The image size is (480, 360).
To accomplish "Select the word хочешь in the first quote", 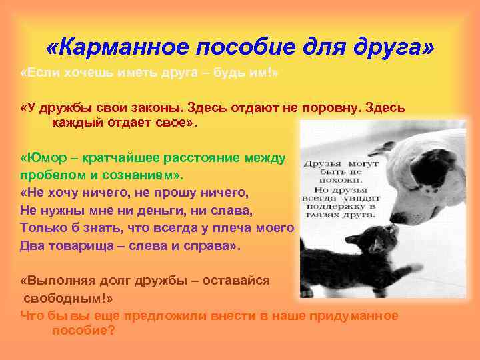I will coord(85,73).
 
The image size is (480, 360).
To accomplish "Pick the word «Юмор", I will coord(43,159).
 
